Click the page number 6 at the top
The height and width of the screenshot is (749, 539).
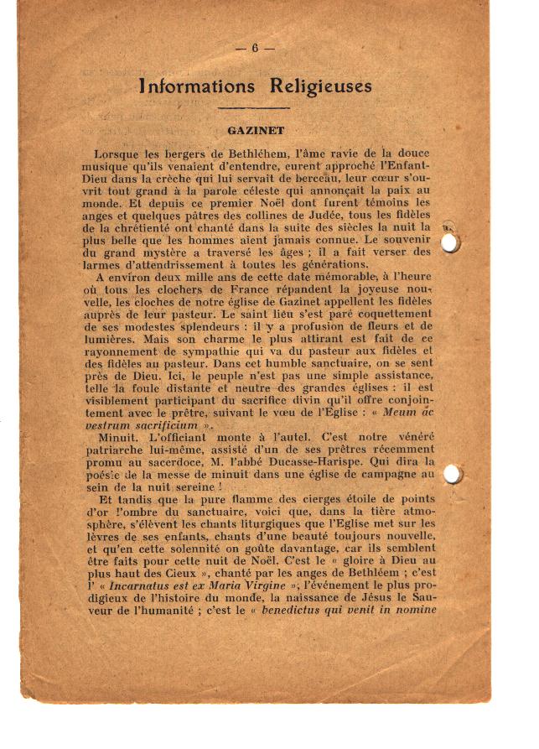pos(254,48)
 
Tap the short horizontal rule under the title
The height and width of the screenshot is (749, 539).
pos(253,108)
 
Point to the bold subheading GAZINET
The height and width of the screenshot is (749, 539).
pos(256,131)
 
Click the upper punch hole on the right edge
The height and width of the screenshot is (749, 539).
pos(451,242)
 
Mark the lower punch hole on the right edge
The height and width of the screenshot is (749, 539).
pos(452,474)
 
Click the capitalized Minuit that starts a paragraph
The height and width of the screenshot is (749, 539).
pos(120,438)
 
